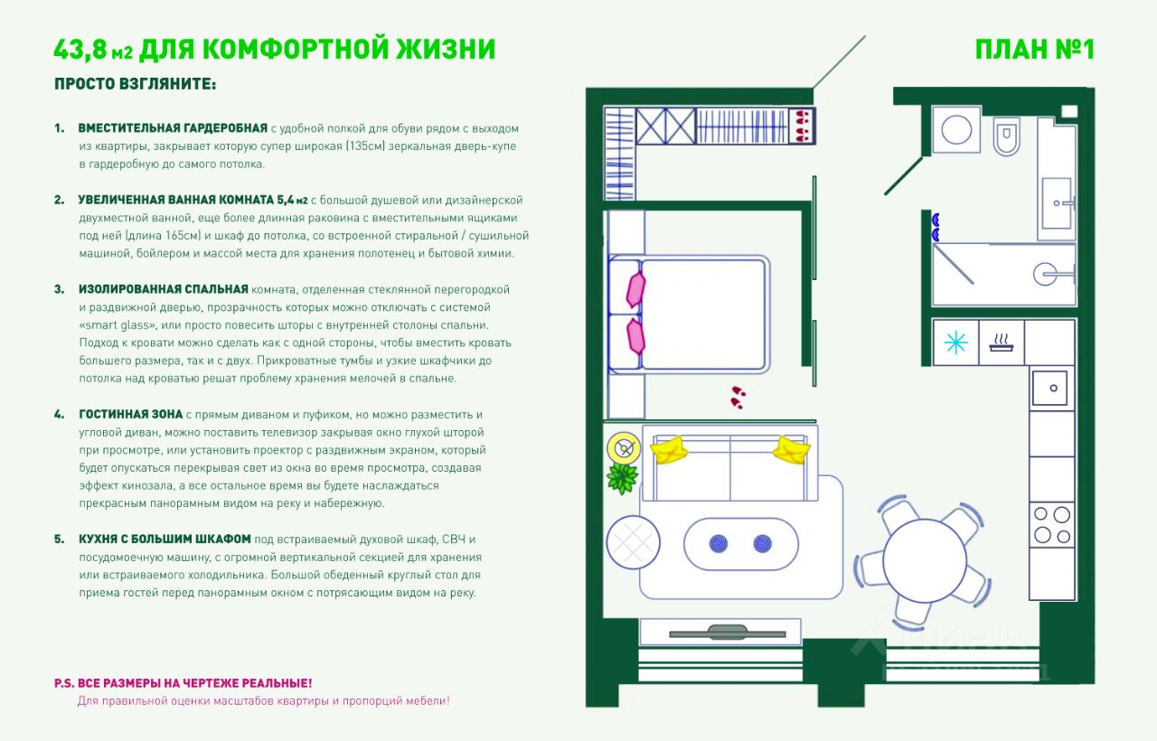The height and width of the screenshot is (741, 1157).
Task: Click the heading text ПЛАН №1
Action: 1034,49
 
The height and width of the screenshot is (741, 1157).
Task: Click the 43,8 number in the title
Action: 81,49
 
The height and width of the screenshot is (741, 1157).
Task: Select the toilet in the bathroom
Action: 1006,136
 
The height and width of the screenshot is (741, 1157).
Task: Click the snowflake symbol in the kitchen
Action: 955,342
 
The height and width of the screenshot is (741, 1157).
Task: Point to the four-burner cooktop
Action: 1051,523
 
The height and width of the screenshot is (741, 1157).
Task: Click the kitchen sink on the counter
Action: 1050,388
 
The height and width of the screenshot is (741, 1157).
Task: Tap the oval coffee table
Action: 740,544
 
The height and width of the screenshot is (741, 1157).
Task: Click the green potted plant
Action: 623,477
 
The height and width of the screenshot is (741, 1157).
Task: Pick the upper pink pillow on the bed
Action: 635,289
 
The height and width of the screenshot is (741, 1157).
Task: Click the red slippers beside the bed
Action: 738,397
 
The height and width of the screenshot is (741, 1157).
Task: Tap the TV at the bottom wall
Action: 720,632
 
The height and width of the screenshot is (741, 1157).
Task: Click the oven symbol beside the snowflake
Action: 1001,342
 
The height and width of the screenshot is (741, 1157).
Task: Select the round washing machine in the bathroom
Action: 955,130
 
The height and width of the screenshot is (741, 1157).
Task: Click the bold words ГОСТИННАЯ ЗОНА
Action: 130,414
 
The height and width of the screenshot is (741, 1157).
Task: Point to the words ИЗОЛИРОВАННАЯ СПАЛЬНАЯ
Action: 163,289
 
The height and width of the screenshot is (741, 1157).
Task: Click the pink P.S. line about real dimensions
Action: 183,683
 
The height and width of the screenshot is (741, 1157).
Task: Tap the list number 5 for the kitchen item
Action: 59,539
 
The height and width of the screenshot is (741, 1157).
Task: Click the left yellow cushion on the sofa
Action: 671,449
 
